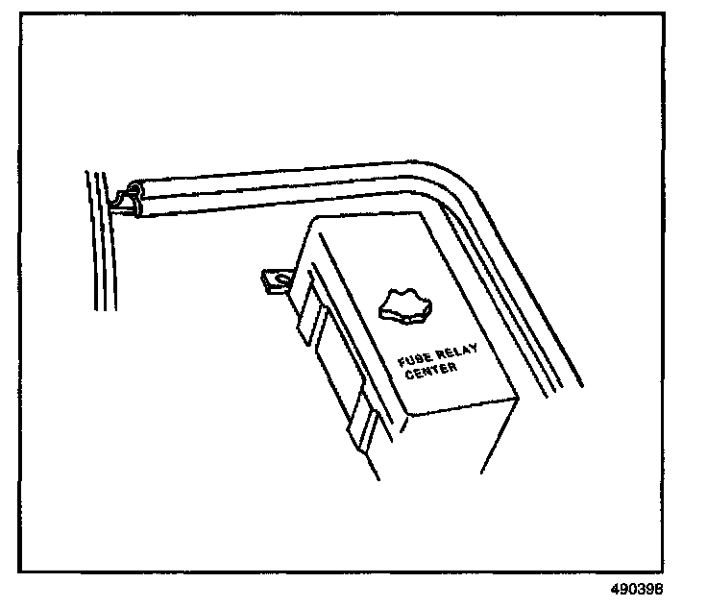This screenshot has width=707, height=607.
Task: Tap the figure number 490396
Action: click(x=634, y=589)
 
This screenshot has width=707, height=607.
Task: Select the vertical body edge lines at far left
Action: click(x=100, y=240)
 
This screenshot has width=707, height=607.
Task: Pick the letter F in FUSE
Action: click(x=402, y=363)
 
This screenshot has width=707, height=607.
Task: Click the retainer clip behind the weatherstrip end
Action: click(x=122, y=203)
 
